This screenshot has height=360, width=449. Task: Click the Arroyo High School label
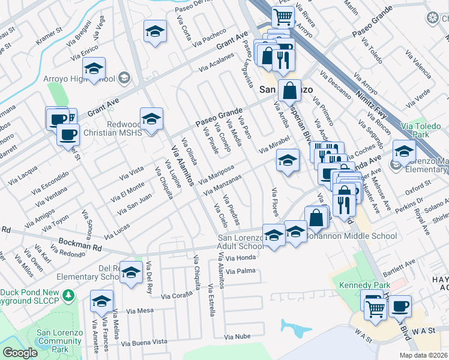point(80,79)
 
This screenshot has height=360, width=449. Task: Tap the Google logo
point(20,353)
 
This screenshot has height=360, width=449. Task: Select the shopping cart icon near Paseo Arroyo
point(283,17)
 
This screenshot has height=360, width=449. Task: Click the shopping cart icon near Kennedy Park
point(376,308)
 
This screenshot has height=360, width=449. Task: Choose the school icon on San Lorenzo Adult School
point(274,235)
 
